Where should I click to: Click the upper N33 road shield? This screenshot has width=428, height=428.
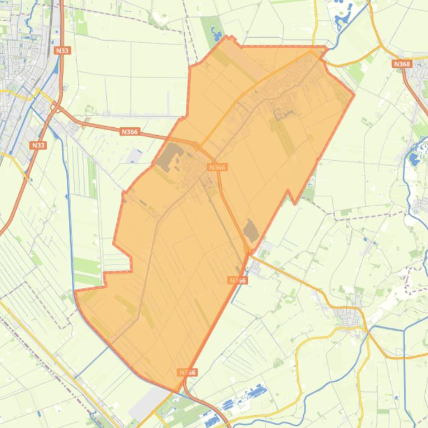(x=62, y=51)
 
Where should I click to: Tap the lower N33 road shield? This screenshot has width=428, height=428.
(x=38, y=145)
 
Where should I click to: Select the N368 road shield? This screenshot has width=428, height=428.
(x=401, y=64)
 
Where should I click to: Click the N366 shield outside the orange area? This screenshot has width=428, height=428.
(x=129, y=132)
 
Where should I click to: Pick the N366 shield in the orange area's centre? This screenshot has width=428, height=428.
(x=217, y=167)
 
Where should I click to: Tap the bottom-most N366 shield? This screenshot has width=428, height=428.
(x=188, y=372)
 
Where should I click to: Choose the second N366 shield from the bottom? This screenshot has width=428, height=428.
(x=238, y=280)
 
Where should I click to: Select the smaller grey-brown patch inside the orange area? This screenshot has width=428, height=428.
(x=251, y=230)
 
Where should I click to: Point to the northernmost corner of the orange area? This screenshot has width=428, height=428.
(x=227, y=37)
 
